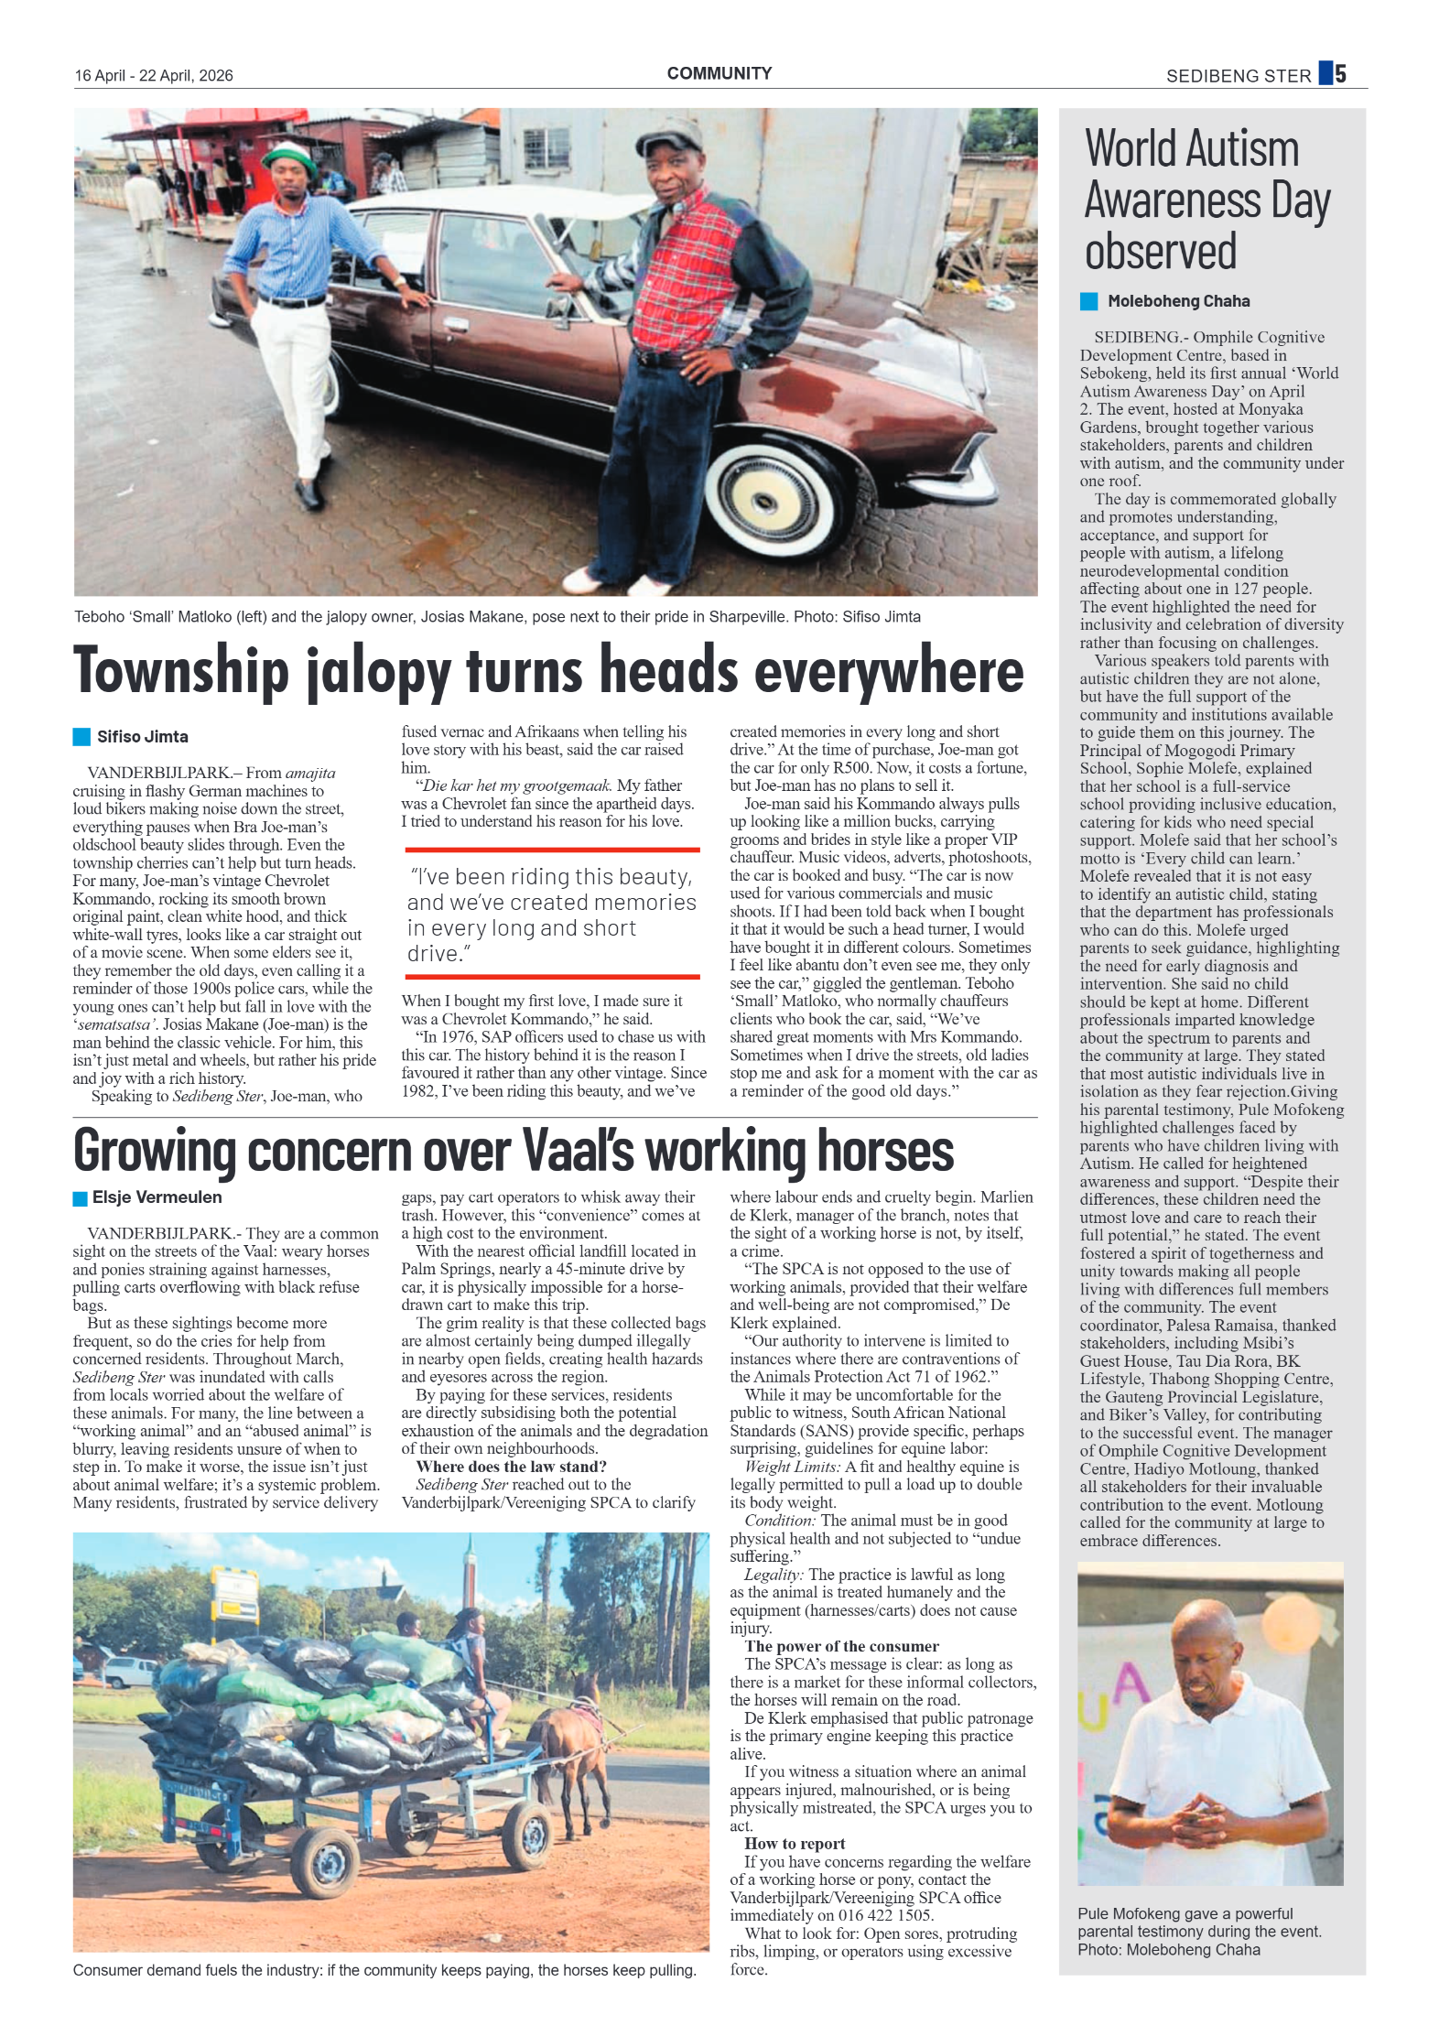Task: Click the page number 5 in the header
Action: click(1340, 73)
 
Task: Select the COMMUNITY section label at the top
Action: click(719, 73)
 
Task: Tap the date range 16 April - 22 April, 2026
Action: click(154, 76)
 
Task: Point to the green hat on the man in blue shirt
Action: click(289, 157)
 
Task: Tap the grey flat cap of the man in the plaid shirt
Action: click(671, 136)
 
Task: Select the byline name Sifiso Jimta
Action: click(143, 737)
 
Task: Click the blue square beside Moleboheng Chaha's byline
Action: click(1088, 301)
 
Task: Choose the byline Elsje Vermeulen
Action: click(157, 1197)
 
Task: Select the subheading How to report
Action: click(794, 1844)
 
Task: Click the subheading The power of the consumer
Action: click(841, 1646)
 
